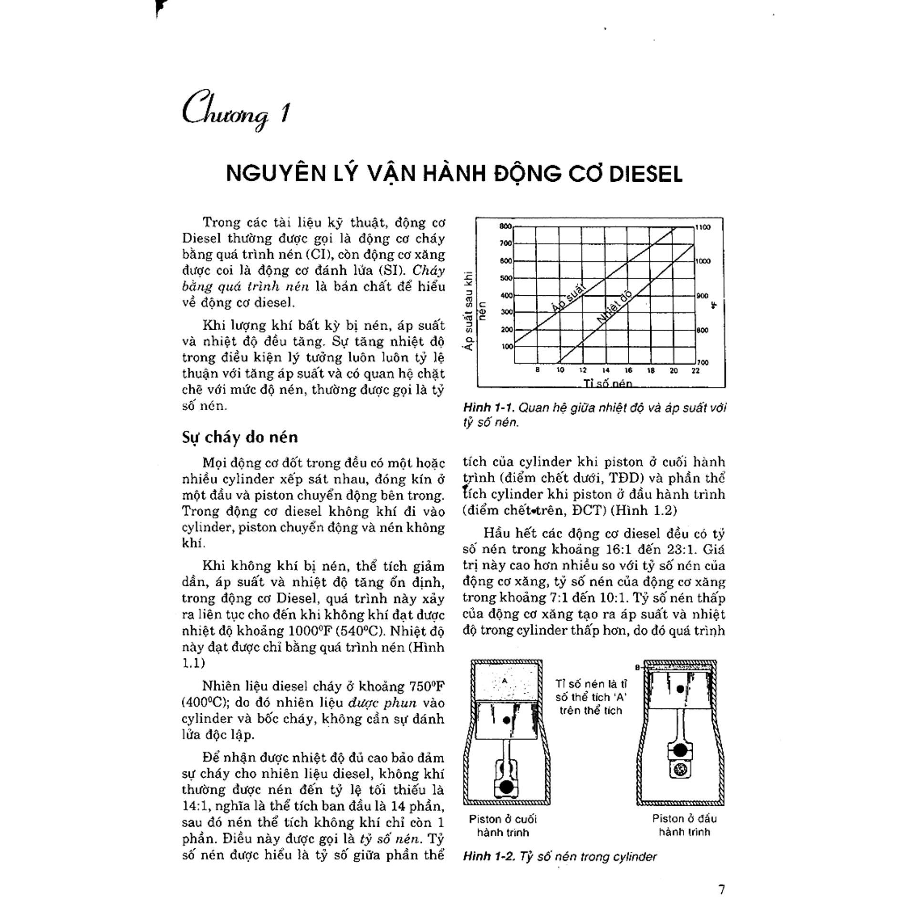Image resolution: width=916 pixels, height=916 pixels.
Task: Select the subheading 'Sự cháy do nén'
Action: tap(239, 437)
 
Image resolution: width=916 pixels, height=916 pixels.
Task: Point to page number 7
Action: tap(721, 889)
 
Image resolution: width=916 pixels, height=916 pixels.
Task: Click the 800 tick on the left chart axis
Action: tap(505, 226)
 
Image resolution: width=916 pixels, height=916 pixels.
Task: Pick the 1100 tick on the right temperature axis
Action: tap(703, 227)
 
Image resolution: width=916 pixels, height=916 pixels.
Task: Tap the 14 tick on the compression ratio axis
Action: tap(605, 370)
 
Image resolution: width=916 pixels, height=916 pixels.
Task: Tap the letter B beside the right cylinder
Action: tap(637, 667)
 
